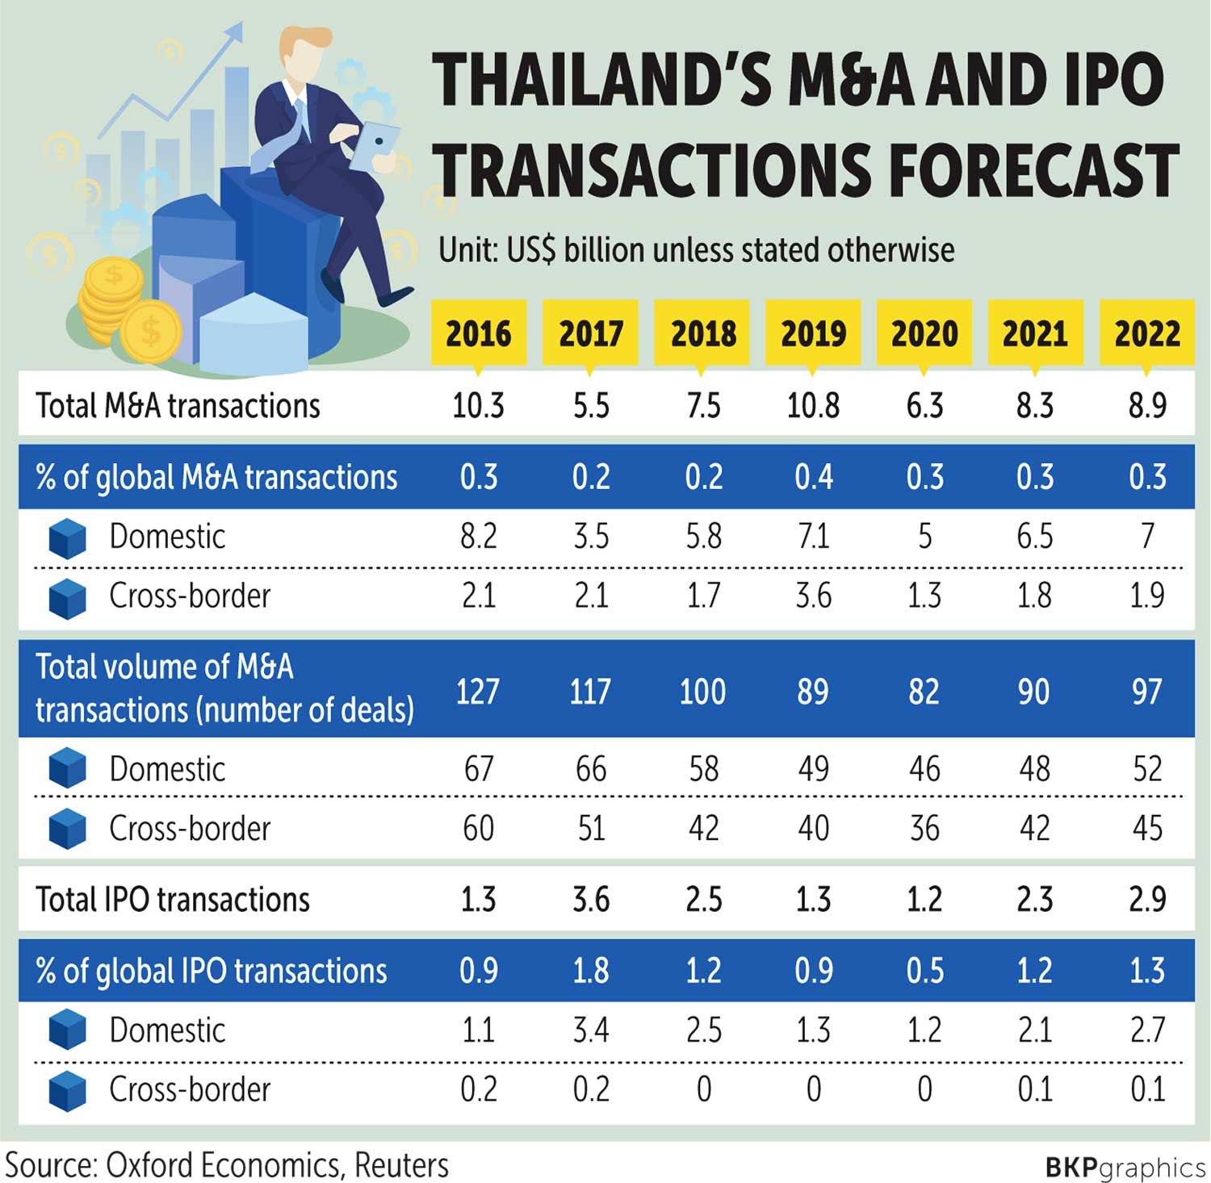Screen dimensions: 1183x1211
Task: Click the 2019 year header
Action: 813,333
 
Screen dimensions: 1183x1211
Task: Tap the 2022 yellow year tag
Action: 1146,333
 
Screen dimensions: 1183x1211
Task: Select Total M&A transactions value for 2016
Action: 478,405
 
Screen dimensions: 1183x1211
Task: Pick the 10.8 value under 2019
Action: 813,405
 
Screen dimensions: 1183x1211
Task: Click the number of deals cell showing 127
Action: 477,692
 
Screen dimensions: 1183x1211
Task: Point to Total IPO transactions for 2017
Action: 591,899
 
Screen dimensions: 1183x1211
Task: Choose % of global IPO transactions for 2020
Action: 924,970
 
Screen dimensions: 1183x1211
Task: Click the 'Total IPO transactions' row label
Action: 173,899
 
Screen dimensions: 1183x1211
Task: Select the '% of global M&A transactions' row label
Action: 216,477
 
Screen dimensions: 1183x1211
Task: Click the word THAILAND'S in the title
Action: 602,81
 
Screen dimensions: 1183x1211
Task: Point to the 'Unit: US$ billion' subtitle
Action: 696,250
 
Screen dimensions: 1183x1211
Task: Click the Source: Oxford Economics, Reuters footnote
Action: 227,1165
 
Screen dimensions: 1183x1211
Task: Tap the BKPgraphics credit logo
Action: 1125,1167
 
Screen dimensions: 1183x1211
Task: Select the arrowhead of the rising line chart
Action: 233,32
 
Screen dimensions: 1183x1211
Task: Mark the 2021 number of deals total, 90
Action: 1034,692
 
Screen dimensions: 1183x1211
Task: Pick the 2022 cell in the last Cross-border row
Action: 1147,1089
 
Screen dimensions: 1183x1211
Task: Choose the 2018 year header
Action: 702,333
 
